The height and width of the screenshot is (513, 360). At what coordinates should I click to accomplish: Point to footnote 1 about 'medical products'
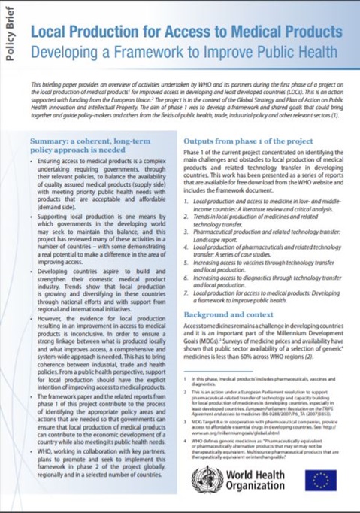pos(263,383)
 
